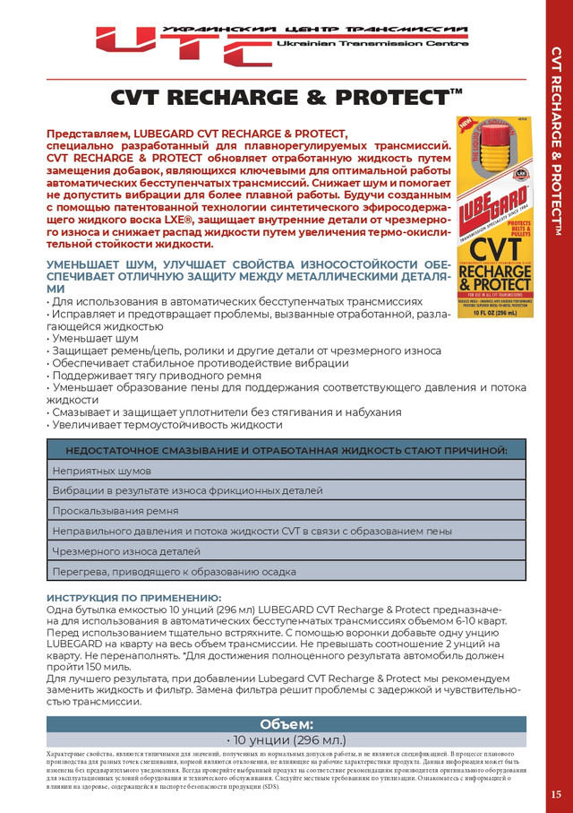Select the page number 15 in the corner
pos(556,793)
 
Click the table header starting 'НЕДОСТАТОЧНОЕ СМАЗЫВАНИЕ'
pos(286,449)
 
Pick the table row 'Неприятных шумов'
pos(286,471)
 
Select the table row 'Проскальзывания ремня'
pos(286,511)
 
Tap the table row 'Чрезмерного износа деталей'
pos(286,551)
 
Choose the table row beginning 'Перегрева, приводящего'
pos(286,571)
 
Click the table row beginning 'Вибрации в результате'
pos(286,491)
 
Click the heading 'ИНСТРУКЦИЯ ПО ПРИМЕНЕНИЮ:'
pos(133,597)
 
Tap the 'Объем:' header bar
pos(286,723)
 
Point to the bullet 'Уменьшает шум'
pos(94,339)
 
